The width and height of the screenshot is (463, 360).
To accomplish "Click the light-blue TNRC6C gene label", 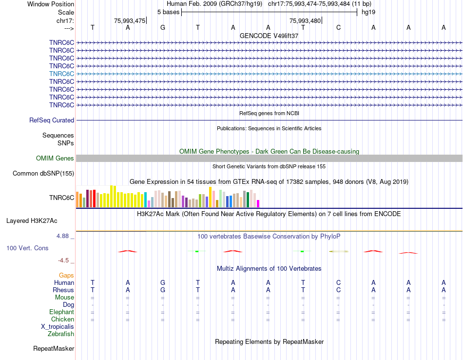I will pos(61,74).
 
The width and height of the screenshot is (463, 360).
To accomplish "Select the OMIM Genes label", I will pos(55,158).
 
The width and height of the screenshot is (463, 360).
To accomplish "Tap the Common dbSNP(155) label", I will pos(43,173).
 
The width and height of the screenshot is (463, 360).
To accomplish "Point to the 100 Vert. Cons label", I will pos(27,248).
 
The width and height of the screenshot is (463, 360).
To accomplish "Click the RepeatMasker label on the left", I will pos(54,348).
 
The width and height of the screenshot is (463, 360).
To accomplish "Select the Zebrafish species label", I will pos(61,334).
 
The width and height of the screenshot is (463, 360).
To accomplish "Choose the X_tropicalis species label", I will pos(58,326).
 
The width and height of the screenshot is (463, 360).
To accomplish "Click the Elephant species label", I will pos(61,312).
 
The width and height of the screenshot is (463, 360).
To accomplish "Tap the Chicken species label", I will pos(62,319).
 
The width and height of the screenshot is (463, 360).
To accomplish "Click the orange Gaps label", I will pos(66,275).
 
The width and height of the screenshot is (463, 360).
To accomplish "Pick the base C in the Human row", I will pos(338,282).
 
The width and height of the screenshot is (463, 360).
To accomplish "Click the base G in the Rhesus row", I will pos(163,290).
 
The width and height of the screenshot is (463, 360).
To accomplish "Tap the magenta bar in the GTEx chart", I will pos(258,203).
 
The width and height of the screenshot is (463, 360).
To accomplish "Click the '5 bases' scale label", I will pos(168,12).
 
